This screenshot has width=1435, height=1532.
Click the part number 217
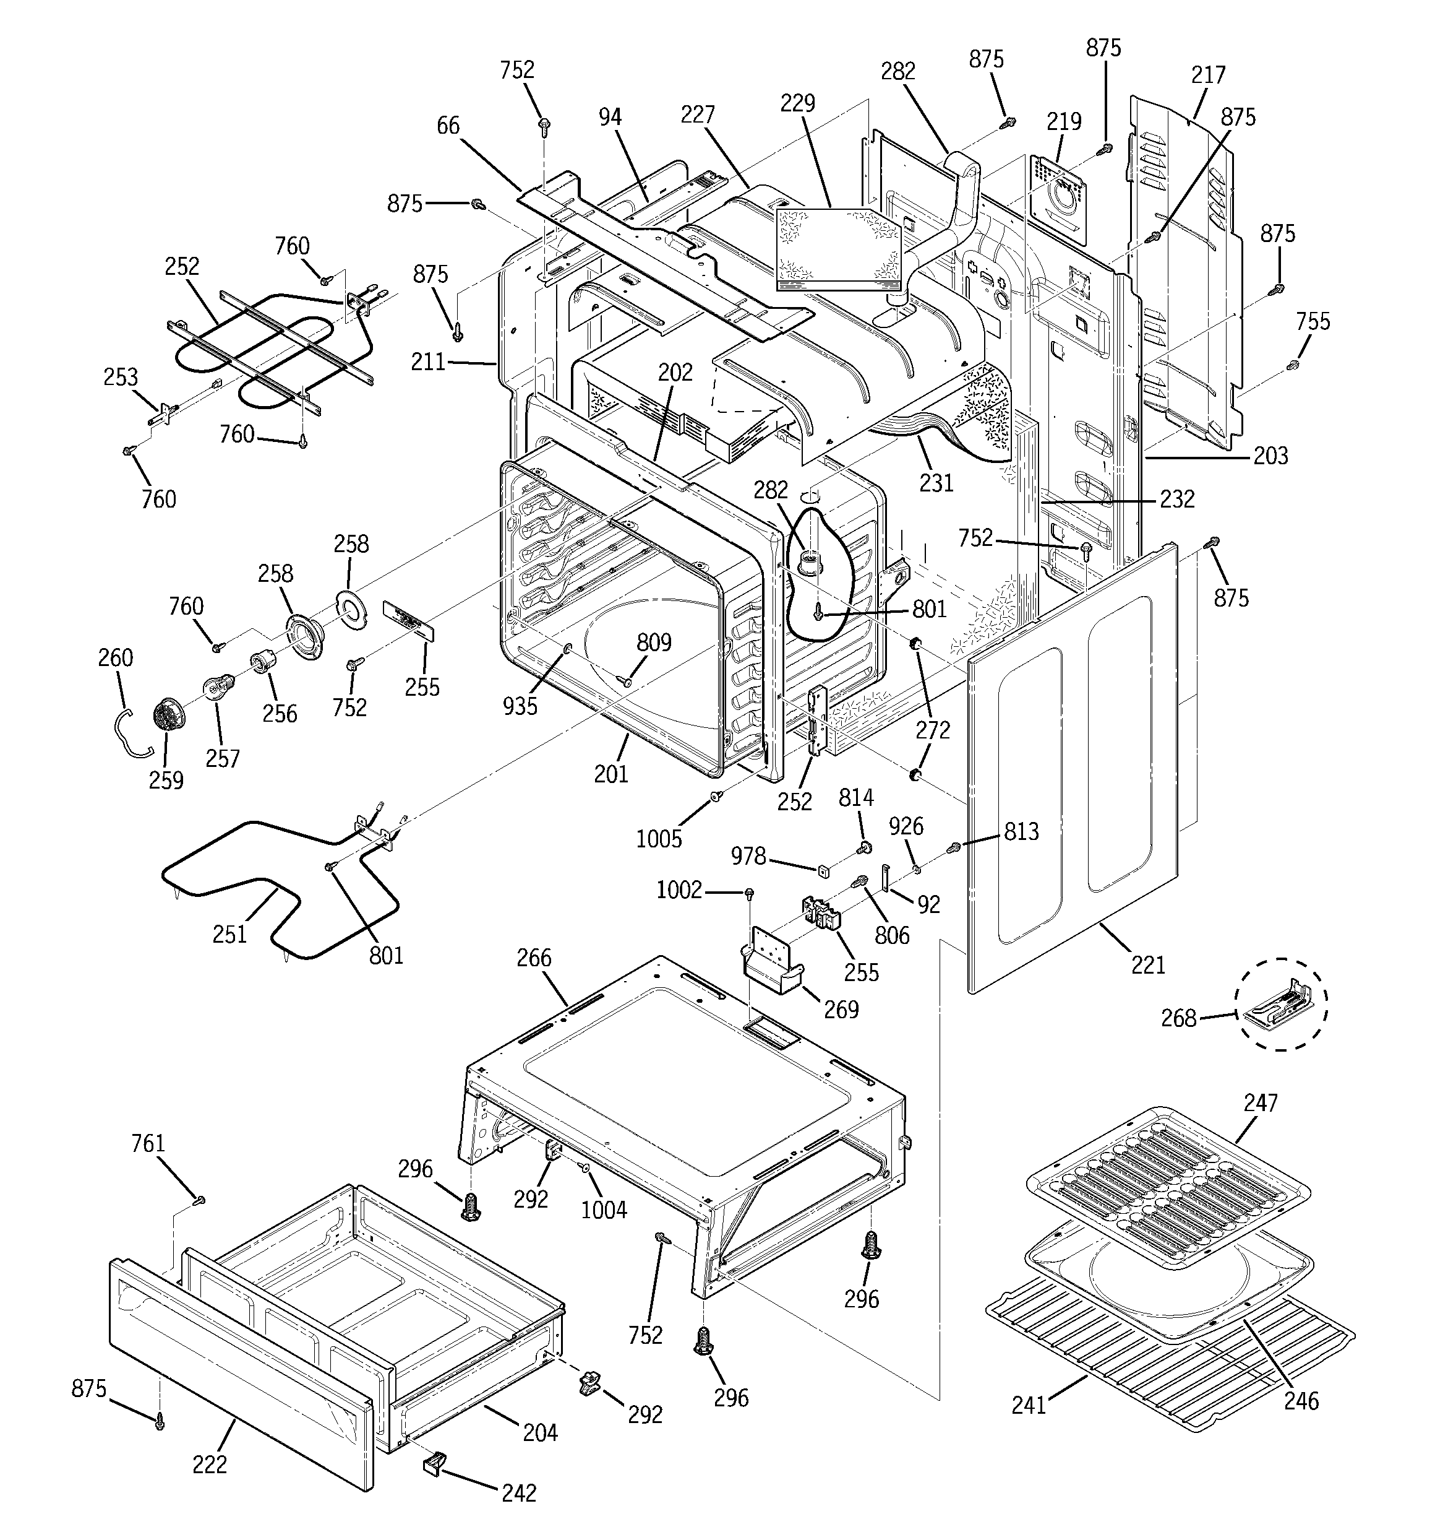pos(1208,76)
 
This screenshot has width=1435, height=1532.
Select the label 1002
pos(679,891)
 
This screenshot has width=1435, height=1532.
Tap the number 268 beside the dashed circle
pos(1178,1019)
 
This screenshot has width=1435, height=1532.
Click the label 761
pos(148,1144)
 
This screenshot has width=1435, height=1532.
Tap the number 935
pos(520,706)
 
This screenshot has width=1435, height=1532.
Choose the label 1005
pos(659,839)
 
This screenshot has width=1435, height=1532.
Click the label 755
pos(1313,321)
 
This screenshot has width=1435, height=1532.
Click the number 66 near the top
pos(448,126)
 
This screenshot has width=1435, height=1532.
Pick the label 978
pos(748,856)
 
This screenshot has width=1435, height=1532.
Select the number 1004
pos(603,1210)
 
